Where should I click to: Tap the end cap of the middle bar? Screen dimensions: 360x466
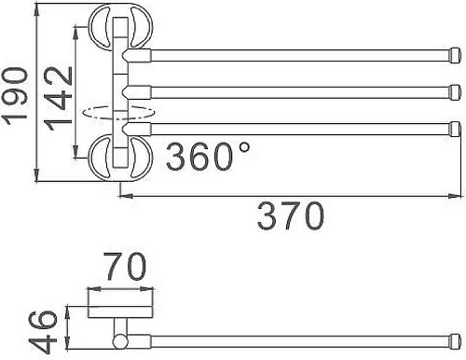point(455,91)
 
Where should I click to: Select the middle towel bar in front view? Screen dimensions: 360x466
point(298,91)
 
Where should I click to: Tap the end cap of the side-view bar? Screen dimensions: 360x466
point(454,337)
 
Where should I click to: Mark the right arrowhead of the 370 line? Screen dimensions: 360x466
point(454,196)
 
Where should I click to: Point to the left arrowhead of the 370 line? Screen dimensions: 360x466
point(125,196)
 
